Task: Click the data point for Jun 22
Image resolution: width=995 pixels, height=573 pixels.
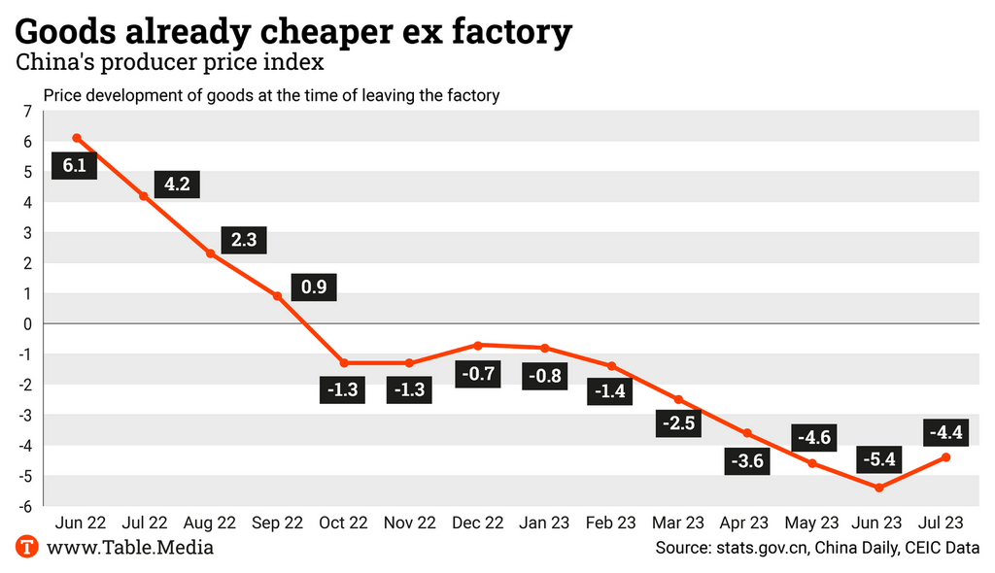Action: point(76,138)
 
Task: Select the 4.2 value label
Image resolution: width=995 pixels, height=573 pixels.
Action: point(177,184)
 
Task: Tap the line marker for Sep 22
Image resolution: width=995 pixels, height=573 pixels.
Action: point(278,296)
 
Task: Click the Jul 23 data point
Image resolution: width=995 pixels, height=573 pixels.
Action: point(946,457)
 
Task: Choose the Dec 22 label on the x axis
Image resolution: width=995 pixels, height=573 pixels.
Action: point(478,522)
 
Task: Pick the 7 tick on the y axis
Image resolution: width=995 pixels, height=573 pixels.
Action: point(27,111)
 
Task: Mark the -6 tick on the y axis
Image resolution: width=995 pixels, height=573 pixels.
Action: point(25,506)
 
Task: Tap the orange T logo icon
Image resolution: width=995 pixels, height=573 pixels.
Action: point(27,547)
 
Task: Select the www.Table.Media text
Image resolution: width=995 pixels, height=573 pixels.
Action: point(130,548)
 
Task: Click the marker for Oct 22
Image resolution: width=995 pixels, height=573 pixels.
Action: point(345,363)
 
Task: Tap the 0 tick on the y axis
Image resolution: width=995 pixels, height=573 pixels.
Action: point(27,323)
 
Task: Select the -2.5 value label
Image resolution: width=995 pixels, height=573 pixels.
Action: point(678,422)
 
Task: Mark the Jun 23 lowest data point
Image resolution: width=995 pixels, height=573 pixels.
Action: point(879,488)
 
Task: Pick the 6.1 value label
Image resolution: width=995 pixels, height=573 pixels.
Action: point(75,165)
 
